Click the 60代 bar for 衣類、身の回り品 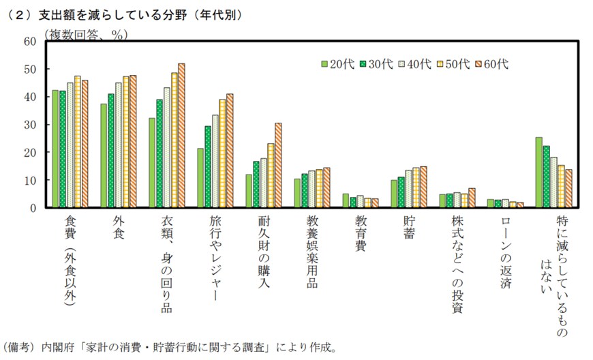click(x=181, y=136)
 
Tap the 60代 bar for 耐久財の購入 click(x=278, y=165)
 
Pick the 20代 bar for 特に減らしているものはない click(x=538, y=172)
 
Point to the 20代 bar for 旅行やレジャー click(x=200, y=178)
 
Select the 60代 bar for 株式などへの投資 click(x=472, y=198)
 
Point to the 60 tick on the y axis click(x=29, y=41)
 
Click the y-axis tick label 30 click(x=29, y=125)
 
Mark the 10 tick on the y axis click(x=29, y=180)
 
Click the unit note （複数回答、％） click(x=86, y=33)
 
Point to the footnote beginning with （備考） click(x=170, y=346)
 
